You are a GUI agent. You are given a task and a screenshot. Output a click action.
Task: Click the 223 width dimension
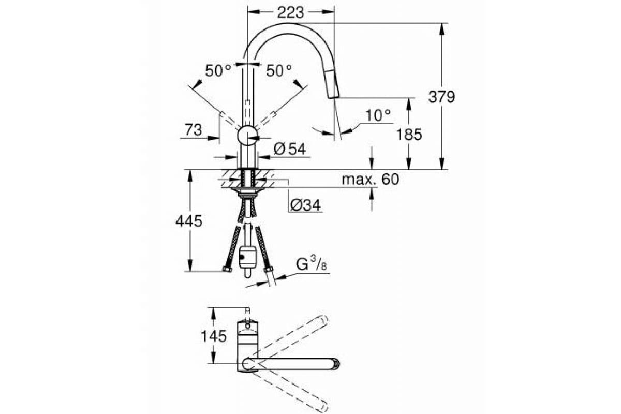coord(290,12)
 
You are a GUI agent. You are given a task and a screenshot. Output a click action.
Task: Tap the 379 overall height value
coord(441,97)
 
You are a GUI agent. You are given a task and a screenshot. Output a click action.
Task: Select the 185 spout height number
coord(409,135)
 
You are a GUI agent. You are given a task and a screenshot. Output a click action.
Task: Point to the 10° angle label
coord(378,115)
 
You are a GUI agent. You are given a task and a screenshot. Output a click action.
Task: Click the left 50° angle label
coord(218,71)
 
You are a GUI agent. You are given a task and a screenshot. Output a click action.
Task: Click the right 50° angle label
coord(279,71)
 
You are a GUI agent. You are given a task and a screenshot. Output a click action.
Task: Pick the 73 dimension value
coord(194,130)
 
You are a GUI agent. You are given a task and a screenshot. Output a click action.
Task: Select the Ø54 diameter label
coord(290,149)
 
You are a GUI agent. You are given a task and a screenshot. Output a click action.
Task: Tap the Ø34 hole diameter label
coord(305,205)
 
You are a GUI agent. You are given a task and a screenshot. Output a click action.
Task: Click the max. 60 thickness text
coord(371,179)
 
